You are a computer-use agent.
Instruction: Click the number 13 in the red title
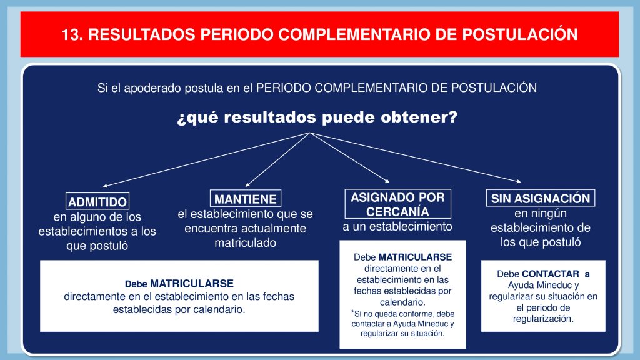click(70, 35)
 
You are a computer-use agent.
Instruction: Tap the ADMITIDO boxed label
click(97, 201)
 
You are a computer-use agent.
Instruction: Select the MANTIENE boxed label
click(245, 198)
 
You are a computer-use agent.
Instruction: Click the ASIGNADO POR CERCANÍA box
click(397, 204)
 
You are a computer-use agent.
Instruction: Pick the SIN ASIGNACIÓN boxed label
click(541, 198)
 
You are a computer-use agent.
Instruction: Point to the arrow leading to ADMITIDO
click(206, 159)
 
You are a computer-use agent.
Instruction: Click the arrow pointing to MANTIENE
click(277, 159)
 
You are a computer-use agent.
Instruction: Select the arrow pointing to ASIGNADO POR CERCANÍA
click(350, 157)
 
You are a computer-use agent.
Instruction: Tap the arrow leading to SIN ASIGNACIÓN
click(416, 157)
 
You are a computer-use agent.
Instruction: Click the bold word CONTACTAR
click(550, 274)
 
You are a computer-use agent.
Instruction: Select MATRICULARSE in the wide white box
click(192, 284)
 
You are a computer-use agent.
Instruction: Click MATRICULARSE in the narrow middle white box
click(415, 257)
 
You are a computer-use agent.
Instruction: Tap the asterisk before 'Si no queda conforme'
click(352, 312)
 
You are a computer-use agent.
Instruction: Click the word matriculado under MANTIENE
click(245, 243)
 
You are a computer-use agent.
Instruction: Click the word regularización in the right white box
click(543, 319)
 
